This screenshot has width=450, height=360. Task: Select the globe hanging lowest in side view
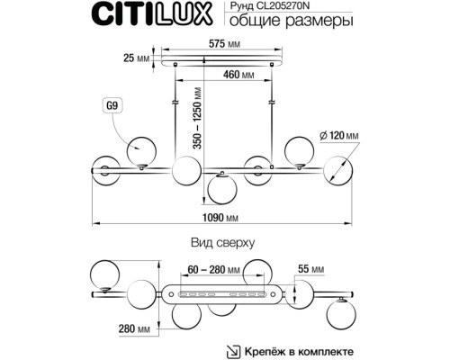(222, 191)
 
